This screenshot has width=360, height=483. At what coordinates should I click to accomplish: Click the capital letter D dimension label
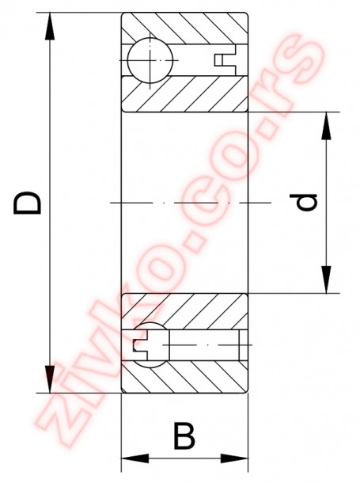[x=28, y=202]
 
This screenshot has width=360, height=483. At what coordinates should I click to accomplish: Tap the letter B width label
[x=184, y=435]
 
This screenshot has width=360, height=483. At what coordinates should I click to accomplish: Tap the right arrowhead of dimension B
[x=234, y=458]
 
